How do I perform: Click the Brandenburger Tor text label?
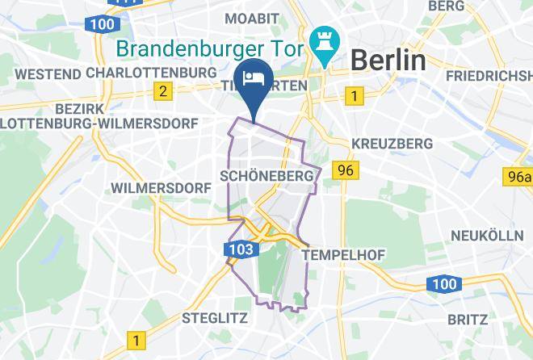[209, 48]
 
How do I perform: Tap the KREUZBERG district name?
[392, 144]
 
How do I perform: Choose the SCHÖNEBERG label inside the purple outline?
[266, 175]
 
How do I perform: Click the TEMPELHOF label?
[342, 254]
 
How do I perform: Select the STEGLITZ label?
[215, 317]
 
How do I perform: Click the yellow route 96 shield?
[346, 170]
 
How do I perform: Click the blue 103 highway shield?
[242, 250]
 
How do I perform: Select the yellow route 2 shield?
[163, 90]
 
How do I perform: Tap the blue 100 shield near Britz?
[443, 283]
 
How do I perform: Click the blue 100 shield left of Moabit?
[103, 23]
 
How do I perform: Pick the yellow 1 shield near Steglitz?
[137, 340]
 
